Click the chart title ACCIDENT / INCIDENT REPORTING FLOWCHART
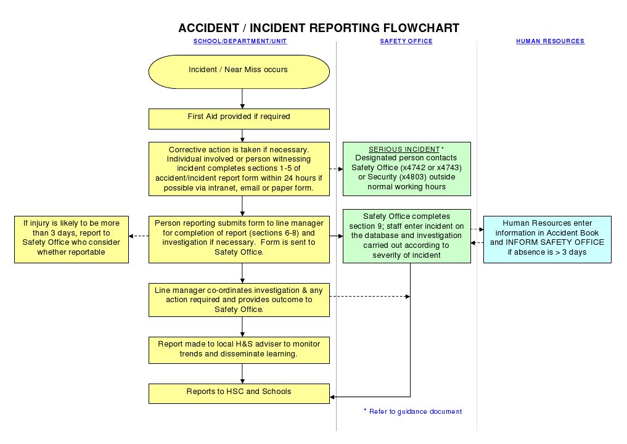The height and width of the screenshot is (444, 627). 318,28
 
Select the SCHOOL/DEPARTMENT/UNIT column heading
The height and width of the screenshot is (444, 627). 240,41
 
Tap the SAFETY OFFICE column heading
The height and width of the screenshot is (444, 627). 406,41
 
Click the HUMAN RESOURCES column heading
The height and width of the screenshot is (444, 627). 550,41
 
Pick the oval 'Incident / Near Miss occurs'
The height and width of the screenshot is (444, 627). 239,70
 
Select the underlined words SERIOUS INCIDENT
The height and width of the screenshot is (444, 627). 404,150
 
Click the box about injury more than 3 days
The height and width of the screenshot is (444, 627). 72,238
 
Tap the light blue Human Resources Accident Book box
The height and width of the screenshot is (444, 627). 547,239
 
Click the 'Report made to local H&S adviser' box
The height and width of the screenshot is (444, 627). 239,350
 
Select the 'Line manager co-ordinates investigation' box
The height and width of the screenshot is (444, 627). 239,300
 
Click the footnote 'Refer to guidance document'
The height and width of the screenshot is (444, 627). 415,411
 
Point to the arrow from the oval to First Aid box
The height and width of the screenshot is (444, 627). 242,99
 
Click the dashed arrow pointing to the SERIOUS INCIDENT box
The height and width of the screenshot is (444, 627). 336,168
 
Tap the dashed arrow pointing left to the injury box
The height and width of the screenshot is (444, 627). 139,236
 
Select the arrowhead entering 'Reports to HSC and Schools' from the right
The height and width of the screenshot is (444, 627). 334,397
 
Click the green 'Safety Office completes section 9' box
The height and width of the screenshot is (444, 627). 406,236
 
